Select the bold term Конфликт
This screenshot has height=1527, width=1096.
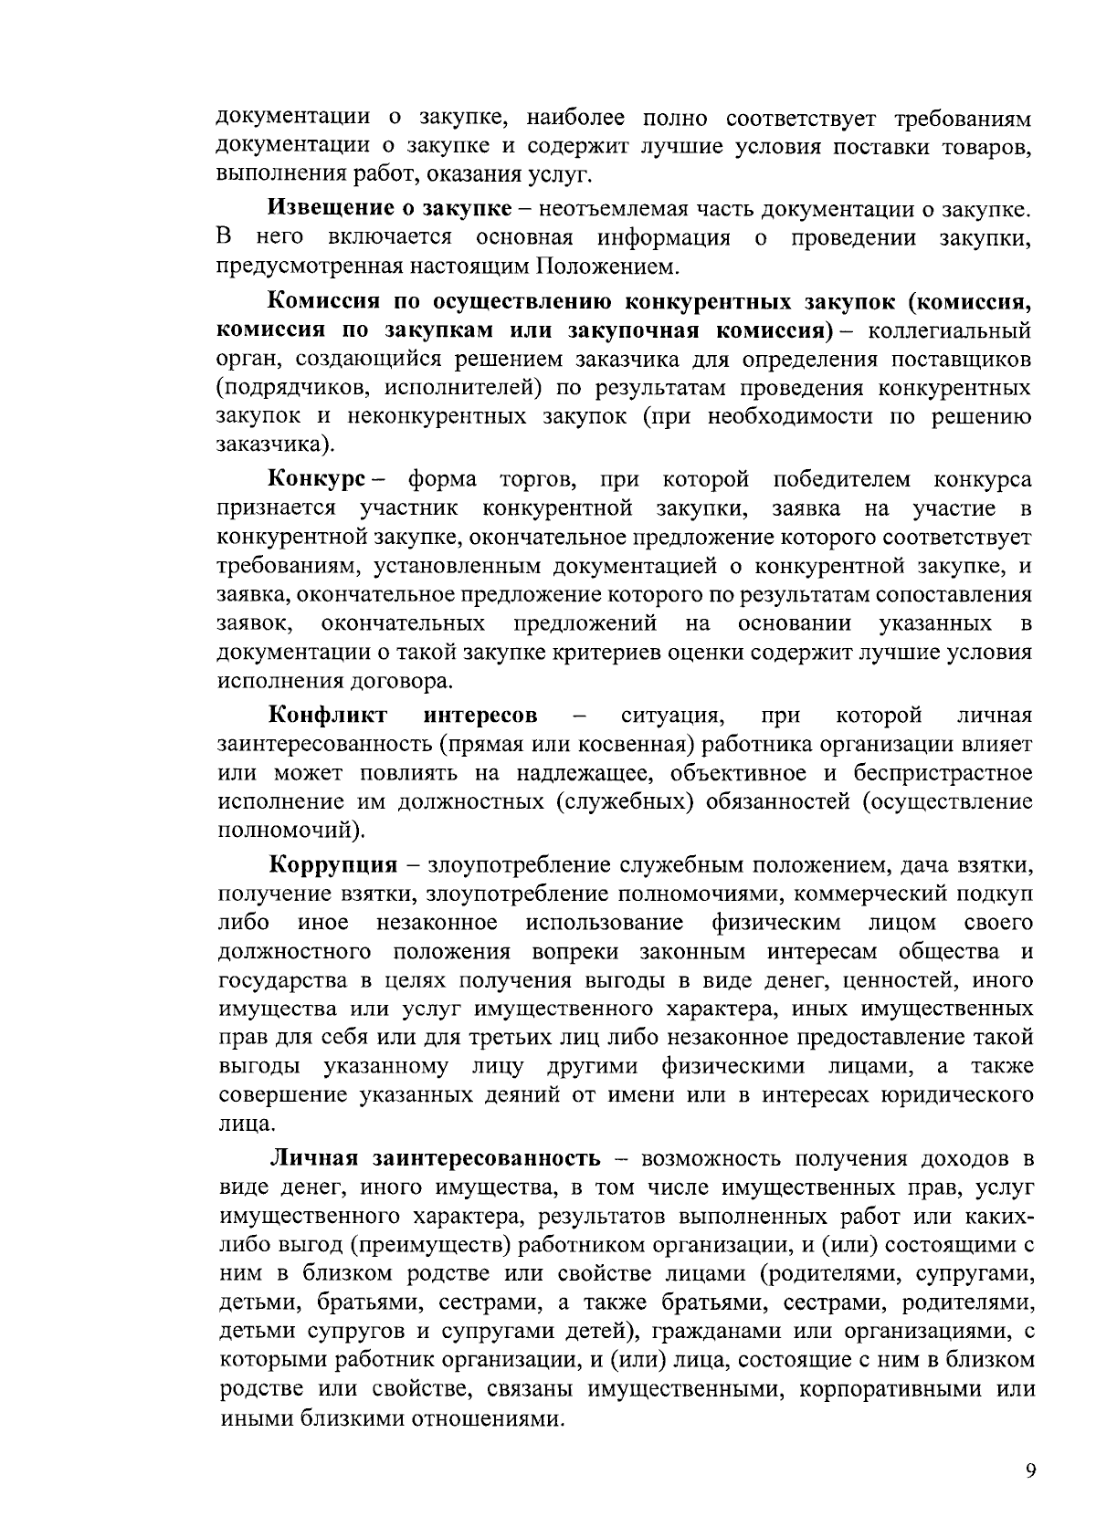pos(328,714)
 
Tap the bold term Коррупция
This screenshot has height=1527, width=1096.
pos(333,863)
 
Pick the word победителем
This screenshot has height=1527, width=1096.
pos(841,479)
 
